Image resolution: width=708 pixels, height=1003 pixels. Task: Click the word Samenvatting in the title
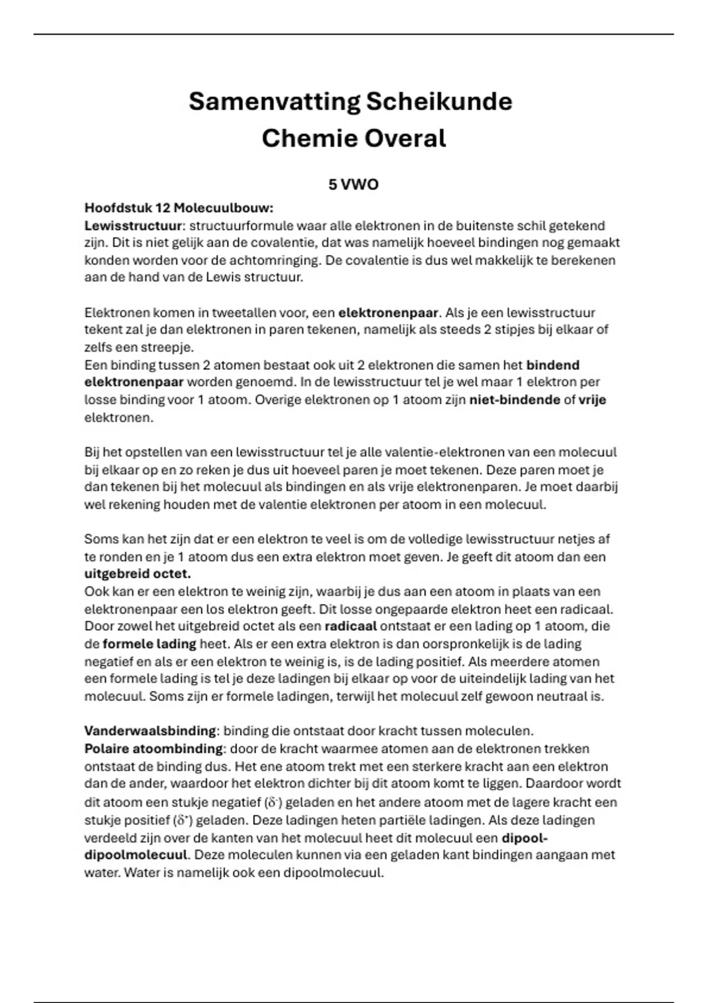(x=274, y=101)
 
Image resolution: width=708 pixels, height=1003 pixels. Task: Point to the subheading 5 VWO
(x=353, y=185)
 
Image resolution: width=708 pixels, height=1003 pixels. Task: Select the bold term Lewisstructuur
(x=133, y=225)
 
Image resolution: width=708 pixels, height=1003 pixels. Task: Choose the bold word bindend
(x=552, y=365)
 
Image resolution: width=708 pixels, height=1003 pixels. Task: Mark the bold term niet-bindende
(x=514, y=399)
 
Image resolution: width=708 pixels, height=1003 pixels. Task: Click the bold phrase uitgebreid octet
(x=137, y=573)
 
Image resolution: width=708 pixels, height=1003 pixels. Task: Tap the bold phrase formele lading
(x=149, y=644)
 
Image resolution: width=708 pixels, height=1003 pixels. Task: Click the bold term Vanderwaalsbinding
(x=150, y=731)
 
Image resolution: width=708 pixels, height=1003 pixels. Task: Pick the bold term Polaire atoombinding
(x=153, y=749)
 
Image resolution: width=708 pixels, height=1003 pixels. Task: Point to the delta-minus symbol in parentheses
(x=273, y=802)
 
